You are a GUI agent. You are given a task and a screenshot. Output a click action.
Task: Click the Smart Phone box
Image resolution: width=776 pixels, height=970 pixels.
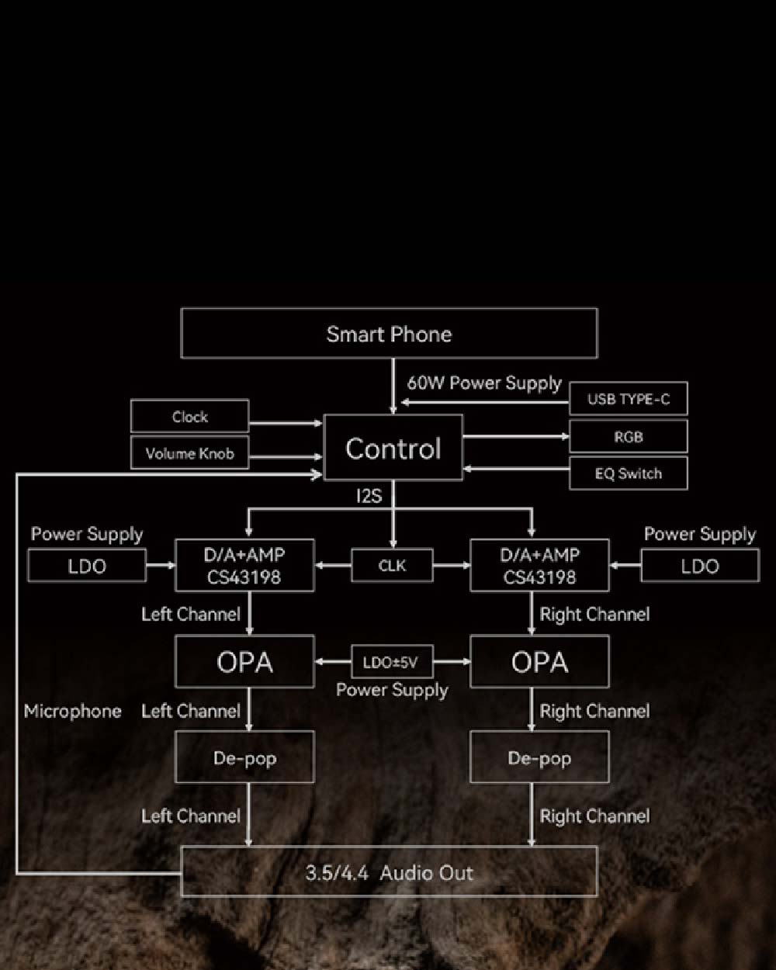[x=389, y=334]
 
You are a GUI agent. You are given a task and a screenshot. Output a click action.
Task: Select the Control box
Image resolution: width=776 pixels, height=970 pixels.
[x=393, y=448]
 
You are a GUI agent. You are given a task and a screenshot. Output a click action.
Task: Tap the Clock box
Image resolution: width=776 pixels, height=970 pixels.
[x=189, y=417]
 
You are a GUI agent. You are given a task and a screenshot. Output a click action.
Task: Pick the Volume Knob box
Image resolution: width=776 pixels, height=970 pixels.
[x=189, y=453]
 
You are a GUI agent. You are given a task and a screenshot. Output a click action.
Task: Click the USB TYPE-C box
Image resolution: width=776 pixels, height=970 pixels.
[x=628, y=400]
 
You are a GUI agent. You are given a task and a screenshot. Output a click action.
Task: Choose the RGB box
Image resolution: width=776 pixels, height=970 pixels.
[x=628, y=437]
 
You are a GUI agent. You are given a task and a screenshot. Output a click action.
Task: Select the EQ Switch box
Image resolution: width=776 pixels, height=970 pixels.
[x=628, y=473]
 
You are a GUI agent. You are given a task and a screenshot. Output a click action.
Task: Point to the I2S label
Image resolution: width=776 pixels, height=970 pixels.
[x=369, y=496]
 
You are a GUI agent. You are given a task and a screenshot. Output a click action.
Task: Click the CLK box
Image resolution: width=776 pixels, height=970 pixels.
[x=392, y=566]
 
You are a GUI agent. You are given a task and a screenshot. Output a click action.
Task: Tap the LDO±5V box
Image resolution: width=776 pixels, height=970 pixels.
[x=392, y=663]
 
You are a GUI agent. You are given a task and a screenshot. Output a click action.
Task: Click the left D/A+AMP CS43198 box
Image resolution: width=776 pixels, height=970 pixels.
[x=244, y=566]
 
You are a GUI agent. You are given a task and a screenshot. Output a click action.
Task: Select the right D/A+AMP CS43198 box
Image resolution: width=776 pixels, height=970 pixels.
[x=539, y=566]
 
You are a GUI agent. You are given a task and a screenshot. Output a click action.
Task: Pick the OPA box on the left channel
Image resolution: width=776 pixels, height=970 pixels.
[x=244, y=662]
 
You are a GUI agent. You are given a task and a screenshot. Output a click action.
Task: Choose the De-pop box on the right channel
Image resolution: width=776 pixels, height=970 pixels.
[x=539, y=757]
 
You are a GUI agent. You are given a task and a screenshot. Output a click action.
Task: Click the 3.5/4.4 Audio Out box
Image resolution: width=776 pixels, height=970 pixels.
[x=389, y=872]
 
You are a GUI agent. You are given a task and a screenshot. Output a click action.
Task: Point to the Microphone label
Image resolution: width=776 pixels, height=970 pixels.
[x=72, y=711]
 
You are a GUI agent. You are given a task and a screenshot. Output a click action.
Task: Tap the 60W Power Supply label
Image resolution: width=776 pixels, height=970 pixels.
[x=484, y=383]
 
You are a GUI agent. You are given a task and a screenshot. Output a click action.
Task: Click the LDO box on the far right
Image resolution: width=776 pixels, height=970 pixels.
[x=700, y=566]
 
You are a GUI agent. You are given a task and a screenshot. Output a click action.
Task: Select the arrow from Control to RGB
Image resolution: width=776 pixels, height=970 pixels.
[x=516, y=437]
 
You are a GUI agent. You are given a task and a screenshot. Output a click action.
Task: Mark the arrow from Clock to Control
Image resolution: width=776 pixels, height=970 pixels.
[x=285, y=424]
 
